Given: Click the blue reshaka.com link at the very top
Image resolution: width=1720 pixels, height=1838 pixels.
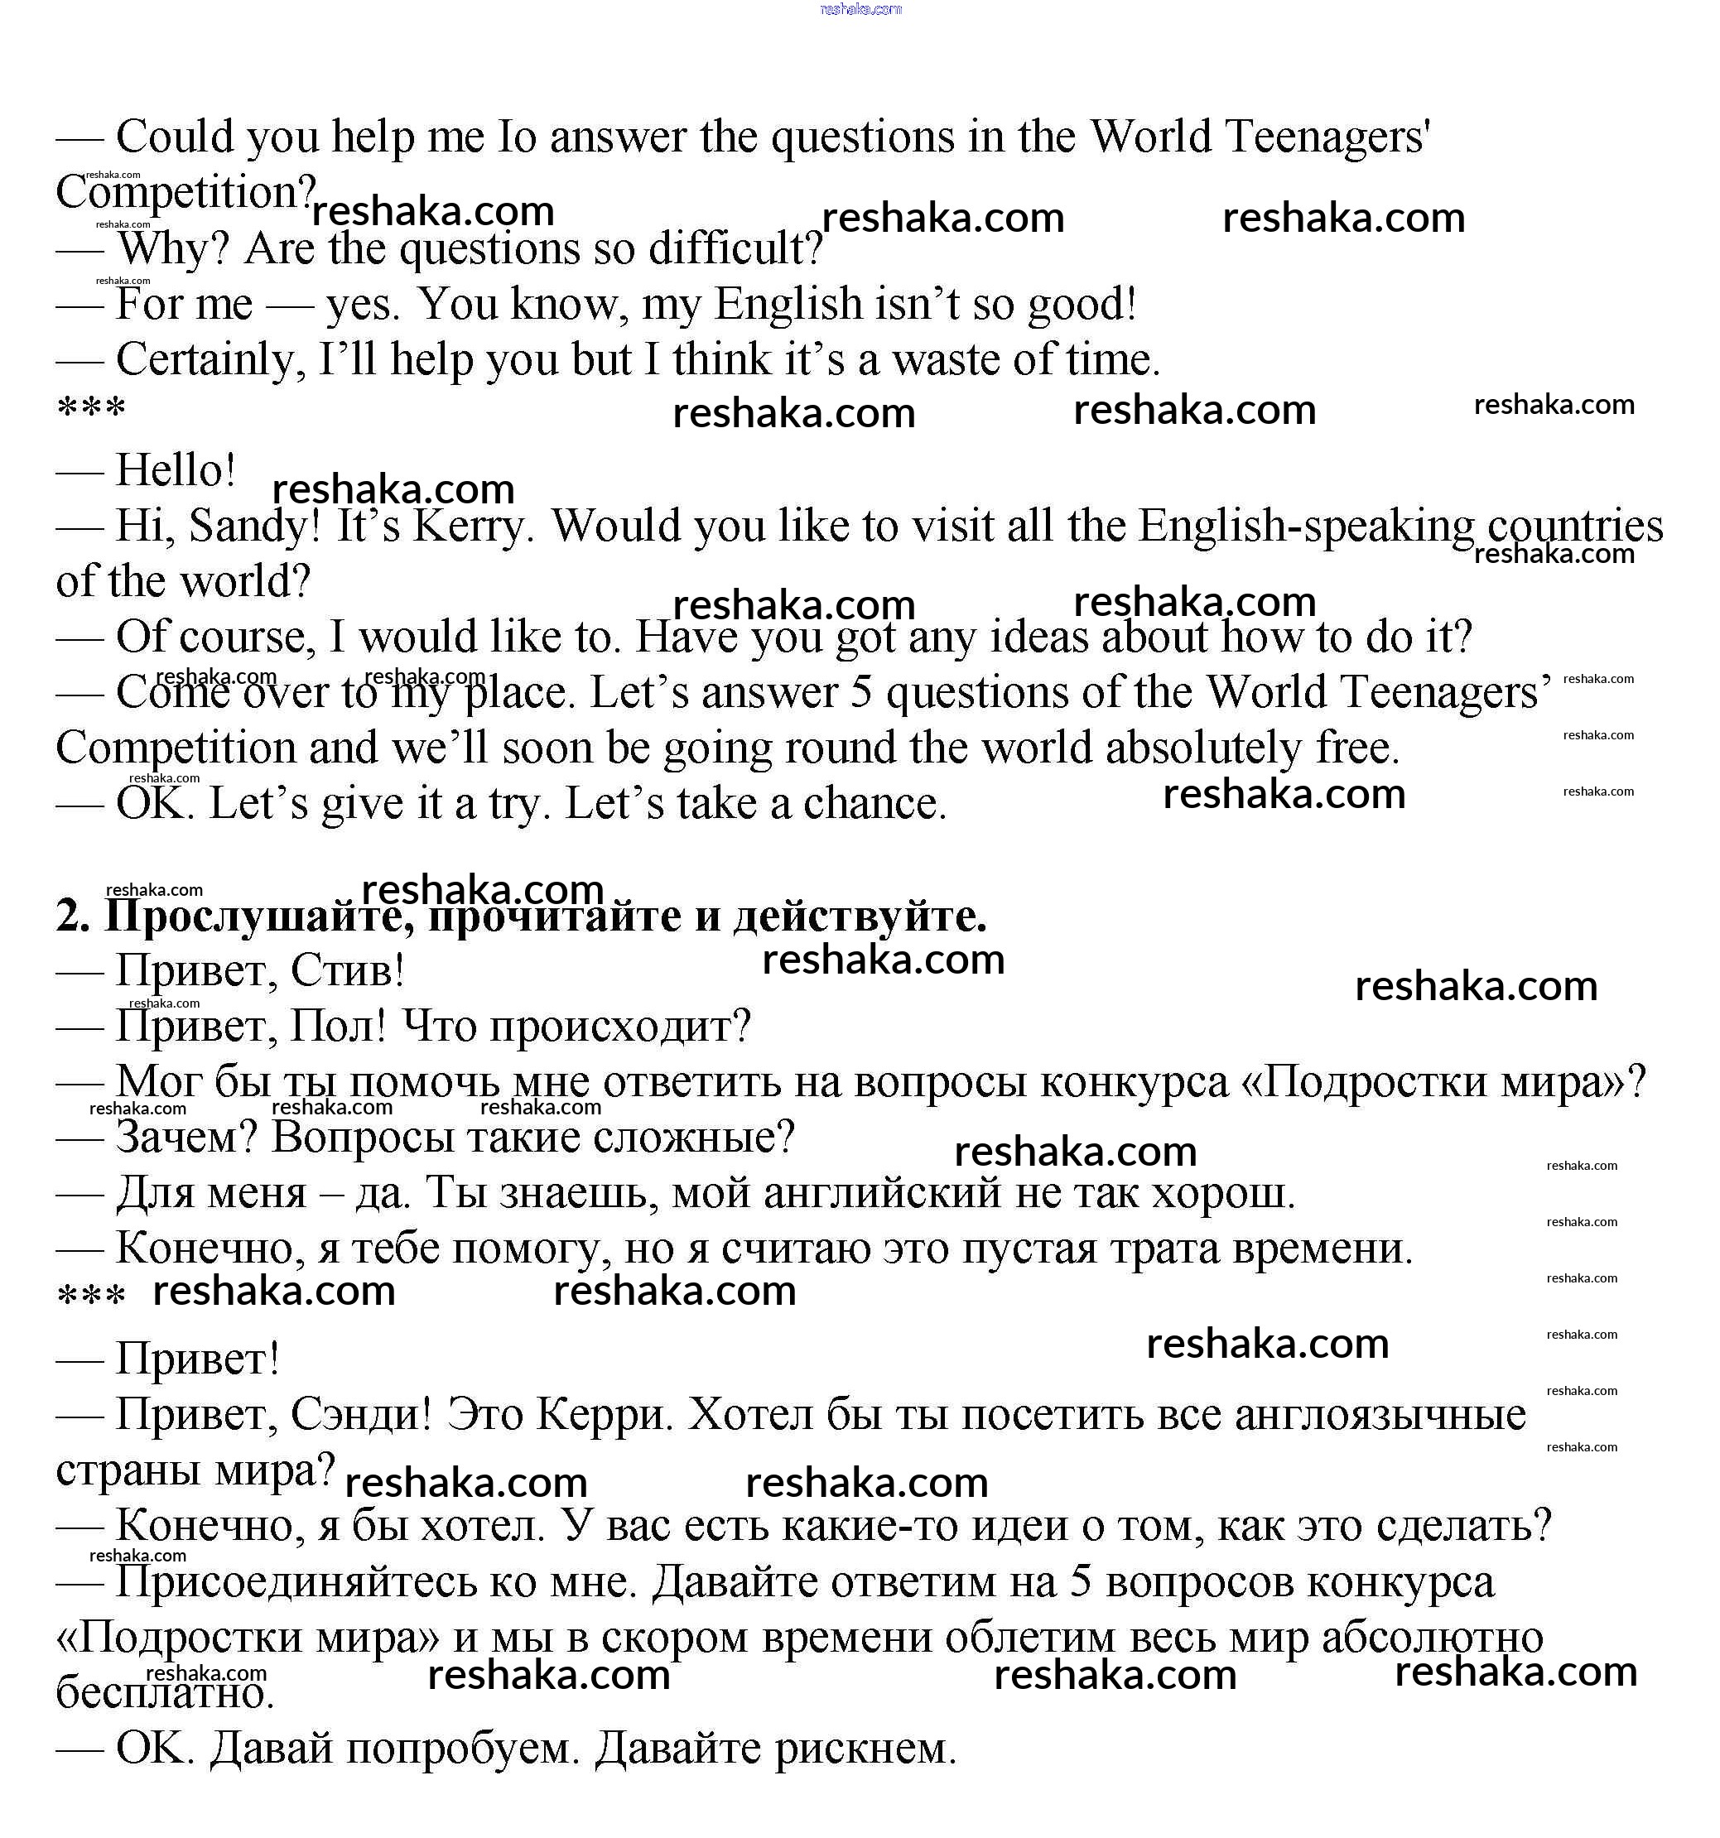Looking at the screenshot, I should pos(860,9).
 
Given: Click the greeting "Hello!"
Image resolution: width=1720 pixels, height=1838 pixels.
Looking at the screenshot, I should pos(176,470).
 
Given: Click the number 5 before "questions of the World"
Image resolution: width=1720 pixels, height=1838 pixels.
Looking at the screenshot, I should pos(861,692).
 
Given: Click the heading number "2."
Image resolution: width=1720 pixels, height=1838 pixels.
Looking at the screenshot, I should pos(72,917).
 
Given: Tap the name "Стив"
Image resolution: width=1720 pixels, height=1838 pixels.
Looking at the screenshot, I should pos(347,971).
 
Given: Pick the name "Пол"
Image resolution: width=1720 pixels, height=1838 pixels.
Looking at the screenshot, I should pos(338,1027).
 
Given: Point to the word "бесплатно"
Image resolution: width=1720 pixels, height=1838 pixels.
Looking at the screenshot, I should pos(165,1693).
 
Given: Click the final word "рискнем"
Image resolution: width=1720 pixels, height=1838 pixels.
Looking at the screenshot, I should pos(865,1749).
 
